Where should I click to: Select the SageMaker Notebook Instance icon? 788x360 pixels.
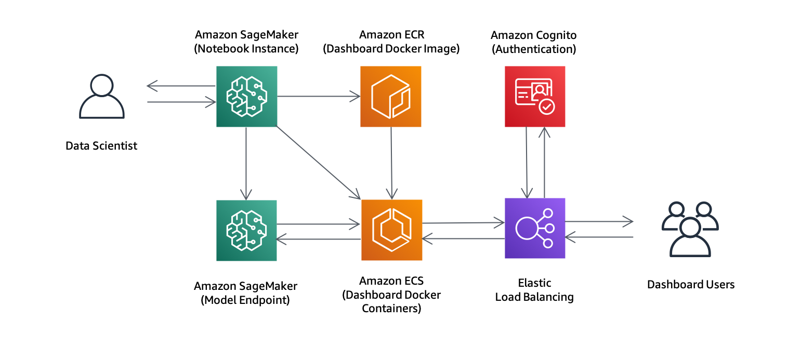click(x=246, y=97)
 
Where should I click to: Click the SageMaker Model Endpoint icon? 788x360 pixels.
click(x=246, y=230)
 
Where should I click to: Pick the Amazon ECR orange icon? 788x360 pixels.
click(x=391, y=97)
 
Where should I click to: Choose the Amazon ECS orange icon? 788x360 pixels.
click(x=391, y=230)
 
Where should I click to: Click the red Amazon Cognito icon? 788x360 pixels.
click(x=535, y=97)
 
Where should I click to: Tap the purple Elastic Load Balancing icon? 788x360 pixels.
click(x=535, y=229)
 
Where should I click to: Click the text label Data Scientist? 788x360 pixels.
click(x=101, y=146)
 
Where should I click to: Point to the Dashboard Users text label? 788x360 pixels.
click(x=690, y=285)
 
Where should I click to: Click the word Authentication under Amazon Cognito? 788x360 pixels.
click(x=534, y=49)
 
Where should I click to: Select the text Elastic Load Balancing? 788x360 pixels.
click(x=534, y=290)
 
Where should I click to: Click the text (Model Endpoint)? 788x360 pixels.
click(x=245, y=300)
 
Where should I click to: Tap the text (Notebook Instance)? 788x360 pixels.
click(x=246, y=49)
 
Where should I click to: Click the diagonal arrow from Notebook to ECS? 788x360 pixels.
click(x=318, y=163)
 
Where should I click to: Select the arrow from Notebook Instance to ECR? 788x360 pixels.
click(x=319, y=96)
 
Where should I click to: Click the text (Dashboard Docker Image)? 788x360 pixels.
click(x=391, y=49)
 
